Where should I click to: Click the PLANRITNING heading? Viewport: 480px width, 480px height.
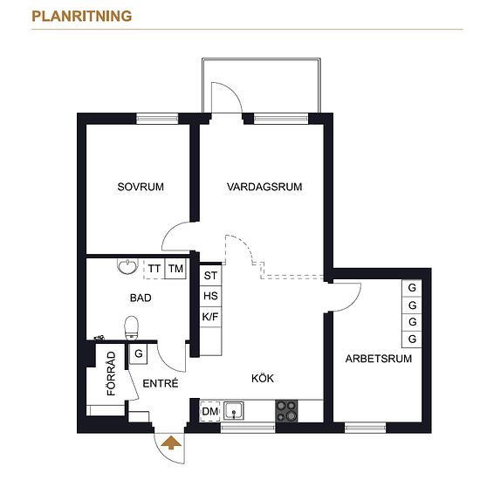point(82,17)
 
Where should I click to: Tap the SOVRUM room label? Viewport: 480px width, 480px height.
point(141,187)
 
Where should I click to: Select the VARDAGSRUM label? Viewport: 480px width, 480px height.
point(264,187)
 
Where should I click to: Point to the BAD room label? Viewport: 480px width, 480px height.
point(141,298)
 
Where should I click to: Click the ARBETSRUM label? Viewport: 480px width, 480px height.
point(379,359)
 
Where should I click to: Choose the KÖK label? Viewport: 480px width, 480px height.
point(263,379)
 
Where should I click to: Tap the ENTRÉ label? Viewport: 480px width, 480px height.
point(161,383)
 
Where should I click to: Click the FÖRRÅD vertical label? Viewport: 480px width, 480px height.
point(111,374)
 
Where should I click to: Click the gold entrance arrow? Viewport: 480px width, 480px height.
point(171,443)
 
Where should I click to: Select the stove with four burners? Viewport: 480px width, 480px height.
point(286,411)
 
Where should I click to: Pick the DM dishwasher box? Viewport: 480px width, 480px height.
point(210,411)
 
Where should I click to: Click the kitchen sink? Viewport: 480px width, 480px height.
point(234,411)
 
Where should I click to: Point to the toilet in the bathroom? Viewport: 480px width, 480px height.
point(132,328)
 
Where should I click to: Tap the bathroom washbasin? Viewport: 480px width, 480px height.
point(127,266)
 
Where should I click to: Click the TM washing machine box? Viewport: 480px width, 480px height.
point(175,269)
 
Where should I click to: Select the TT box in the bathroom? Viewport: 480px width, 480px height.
point(154,269)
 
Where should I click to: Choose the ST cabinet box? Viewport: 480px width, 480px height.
point(210,276)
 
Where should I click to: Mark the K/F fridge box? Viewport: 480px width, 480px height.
point(210,317)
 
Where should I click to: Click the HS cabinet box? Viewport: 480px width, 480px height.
point(210,296)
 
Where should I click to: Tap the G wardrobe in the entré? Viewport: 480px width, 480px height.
point(139,353)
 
